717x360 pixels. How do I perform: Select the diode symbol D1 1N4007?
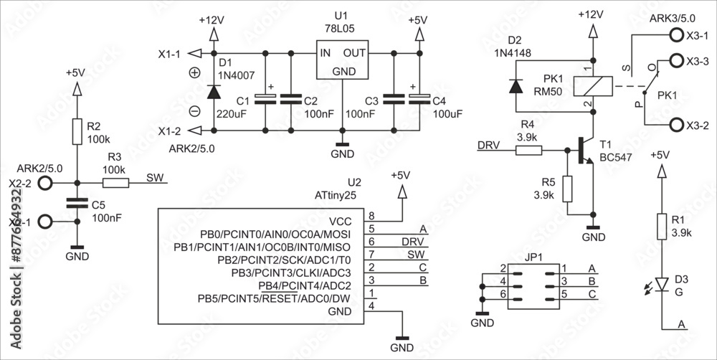(x=213, y=92)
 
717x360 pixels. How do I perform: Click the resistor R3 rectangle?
(x=117, y=184)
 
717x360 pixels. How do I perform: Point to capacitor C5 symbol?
(x=76, y=203)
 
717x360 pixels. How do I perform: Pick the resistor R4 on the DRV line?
(x=530, y=151)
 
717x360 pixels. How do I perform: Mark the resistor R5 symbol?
(x=567, y=188)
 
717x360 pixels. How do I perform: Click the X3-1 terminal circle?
(x=676, y=34)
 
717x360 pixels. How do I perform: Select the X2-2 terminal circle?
(x=46, y=184)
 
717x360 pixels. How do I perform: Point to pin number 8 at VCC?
(x=371, y=215)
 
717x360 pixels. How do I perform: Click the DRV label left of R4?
(x=490, y=145)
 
